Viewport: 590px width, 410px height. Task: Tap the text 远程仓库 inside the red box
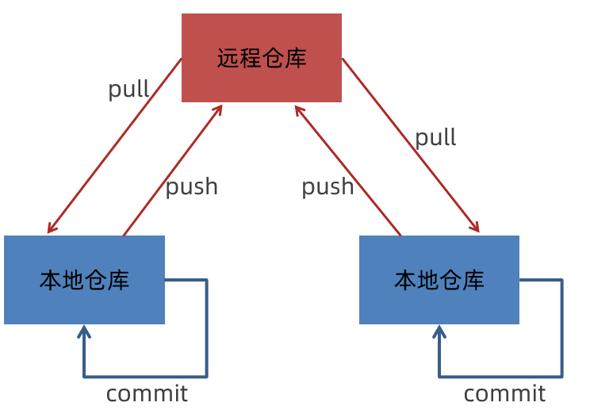(262, 59)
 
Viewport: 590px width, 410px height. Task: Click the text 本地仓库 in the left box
(84, 280)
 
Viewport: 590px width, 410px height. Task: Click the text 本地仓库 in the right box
(439, 280)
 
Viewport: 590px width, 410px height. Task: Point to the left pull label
(128, 89)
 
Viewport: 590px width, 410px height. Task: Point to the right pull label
(435, 137)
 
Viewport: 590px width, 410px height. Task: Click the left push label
(191, 186)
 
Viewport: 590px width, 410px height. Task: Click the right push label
(328, 186)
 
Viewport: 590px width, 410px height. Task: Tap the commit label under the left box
(147, 393)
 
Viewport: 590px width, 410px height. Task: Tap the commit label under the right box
(504, 393)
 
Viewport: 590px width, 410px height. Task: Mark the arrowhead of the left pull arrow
(50, 230)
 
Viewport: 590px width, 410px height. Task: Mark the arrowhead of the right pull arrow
(477, 230)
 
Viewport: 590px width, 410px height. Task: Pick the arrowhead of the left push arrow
(220, 108)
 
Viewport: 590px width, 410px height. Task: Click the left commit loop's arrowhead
(84, 328)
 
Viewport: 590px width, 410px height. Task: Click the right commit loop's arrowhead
(439, 328)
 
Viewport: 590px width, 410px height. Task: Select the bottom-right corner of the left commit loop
(206, 376)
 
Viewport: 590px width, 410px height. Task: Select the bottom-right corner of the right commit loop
(561, 376)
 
